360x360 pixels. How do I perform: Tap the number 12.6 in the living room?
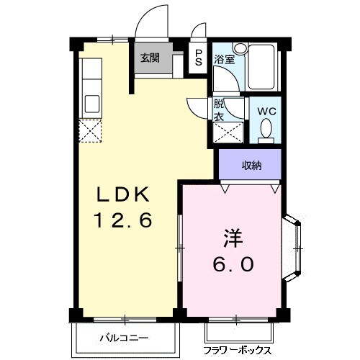pos(123,220)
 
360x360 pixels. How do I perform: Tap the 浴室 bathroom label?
pos(225,60)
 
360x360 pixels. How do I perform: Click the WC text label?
pos(267,112)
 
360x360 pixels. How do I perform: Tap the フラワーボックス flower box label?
pos(237,351)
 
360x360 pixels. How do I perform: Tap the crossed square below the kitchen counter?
pos(91,131)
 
